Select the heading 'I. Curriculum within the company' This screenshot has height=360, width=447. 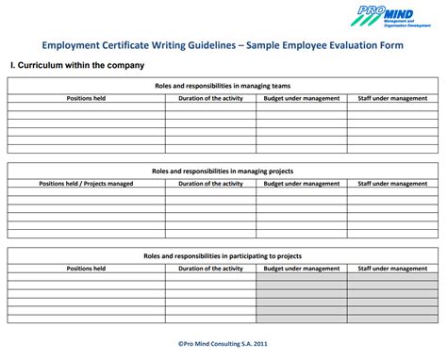coord(76,65)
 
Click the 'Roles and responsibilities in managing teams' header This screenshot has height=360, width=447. coord(223,86)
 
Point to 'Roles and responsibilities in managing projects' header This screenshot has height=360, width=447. coord(223,172)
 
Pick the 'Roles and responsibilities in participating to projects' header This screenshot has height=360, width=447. coord(223,255)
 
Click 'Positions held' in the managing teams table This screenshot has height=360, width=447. coord(86,97)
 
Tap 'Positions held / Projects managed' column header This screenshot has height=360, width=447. coord(86,183)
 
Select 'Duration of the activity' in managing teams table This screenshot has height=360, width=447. coord(210,97)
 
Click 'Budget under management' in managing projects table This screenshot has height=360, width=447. coord(302,183)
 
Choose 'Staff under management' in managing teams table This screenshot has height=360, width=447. coord(392,97)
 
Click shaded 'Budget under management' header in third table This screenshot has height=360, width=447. coord(302,268)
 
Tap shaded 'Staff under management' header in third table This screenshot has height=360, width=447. coord(392,268)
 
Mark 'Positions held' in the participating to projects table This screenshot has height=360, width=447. coord(86,268)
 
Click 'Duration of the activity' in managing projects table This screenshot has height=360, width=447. coord(210,183)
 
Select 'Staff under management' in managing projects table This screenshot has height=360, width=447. coord(392,183)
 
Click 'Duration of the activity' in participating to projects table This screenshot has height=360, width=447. coord(210,268)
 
